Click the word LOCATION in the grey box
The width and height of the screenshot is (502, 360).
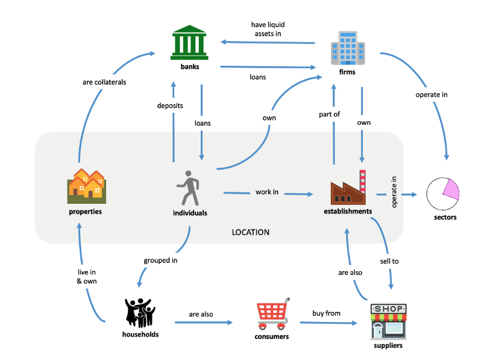(251, 232)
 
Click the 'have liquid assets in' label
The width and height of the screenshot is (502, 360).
(268, 30)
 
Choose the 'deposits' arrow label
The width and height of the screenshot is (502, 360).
(170, 106)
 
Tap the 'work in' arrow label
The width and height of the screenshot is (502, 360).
(267, 192)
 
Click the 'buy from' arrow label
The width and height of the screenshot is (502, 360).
(326, 314)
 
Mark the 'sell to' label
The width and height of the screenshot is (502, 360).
(390, 261)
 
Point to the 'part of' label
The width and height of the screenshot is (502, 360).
(330, 114)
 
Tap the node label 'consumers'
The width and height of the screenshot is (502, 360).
(272, 336)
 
